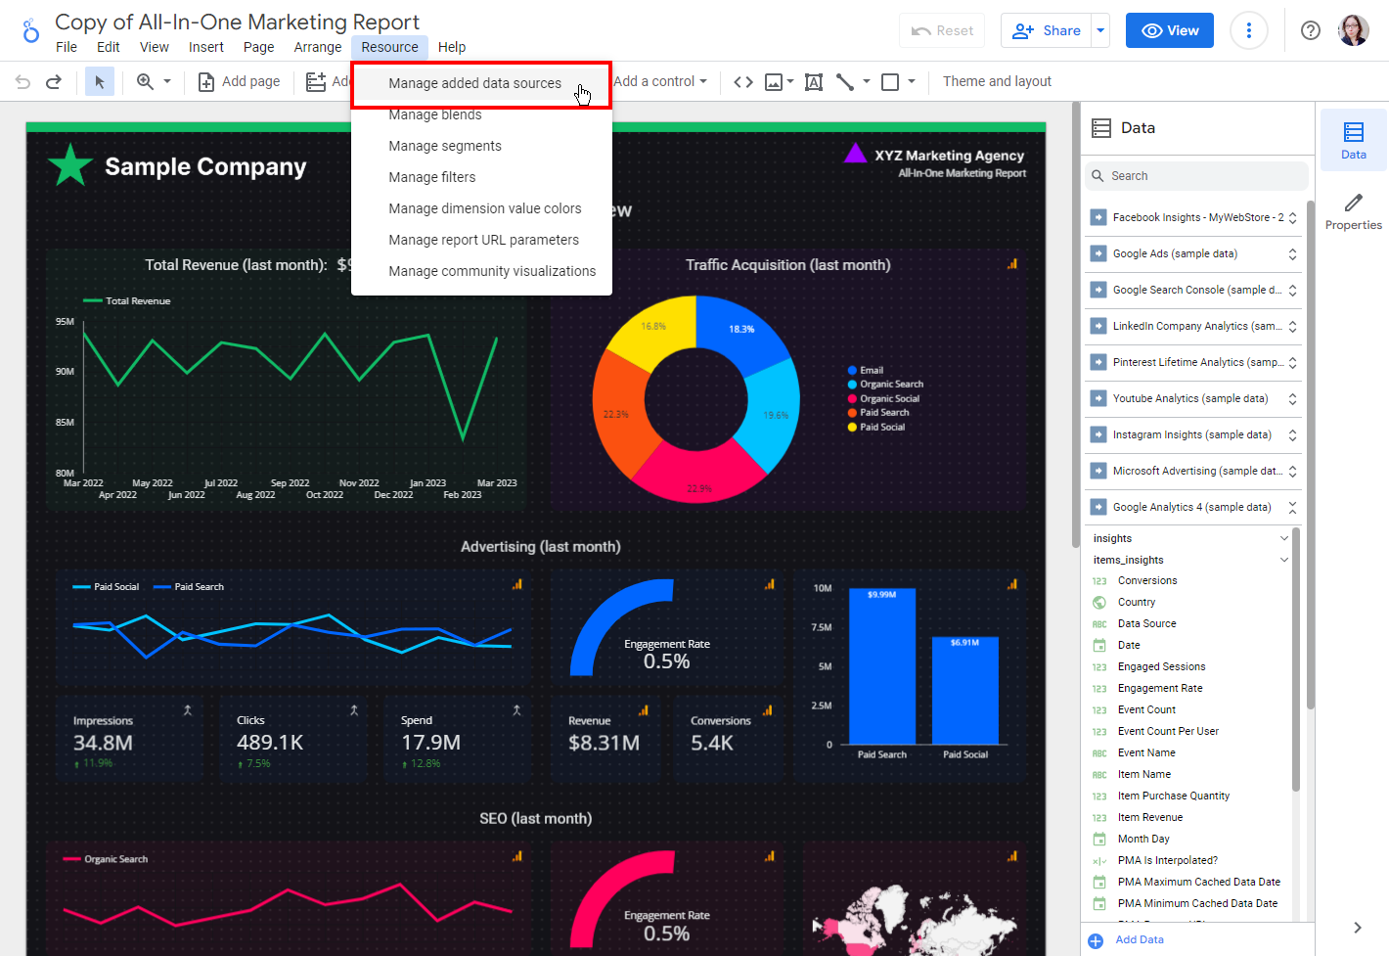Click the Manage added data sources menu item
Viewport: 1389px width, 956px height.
point(474,83)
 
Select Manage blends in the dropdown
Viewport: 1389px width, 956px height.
point(434,115)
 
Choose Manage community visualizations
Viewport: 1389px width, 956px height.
point(491,271)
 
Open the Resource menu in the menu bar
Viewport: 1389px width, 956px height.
point(389,47)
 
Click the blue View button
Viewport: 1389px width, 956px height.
point(1169,30)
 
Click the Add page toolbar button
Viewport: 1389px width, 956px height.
point(239,81)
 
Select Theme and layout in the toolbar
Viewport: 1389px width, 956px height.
point(996,81)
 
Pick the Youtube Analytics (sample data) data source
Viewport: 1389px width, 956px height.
point(1189,398)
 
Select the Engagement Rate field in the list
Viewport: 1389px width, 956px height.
point(1159,688)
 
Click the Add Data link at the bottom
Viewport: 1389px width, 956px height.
point(1139,939)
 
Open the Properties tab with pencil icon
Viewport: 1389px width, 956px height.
point(1353,210)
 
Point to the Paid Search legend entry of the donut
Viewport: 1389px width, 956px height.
point(884,413)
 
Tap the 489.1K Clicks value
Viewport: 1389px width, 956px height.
point(270,743)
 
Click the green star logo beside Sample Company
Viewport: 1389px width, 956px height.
point(70,165)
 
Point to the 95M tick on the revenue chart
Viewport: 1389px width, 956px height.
point(65,321)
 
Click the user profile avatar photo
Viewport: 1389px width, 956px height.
point(1353,30)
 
